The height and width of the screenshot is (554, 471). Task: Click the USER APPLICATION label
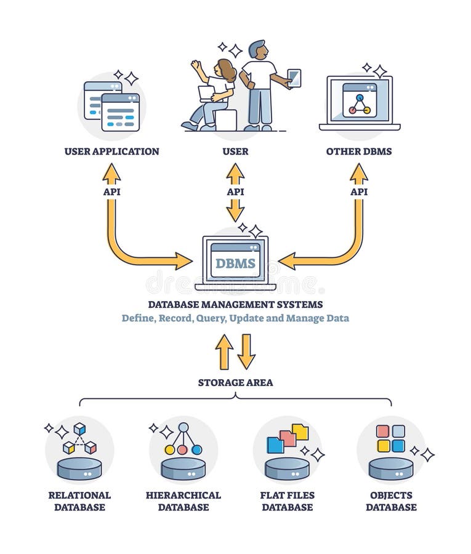tap(111, 151)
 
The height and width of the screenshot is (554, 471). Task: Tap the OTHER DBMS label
tap(359, 151)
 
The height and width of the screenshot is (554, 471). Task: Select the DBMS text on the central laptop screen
tap(235, 263)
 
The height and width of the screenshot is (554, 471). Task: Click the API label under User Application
tap(111, 191)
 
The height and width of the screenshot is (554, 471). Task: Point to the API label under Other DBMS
tap(359, 191)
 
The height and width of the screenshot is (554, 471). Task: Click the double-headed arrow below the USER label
tap(235, 192)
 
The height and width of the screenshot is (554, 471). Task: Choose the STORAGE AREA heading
tap(235, 382)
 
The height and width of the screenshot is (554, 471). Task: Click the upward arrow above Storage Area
tap(224, 351)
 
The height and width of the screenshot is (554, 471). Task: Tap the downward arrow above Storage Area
tap(246, 351)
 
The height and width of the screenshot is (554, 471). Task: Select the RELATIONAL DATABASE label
tap(79, 501)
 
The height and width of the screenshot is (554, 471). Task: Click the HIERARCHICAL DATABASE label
tap(183, 501)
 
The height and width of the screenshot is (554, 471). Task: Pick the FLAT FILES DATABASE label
tap(288, 501)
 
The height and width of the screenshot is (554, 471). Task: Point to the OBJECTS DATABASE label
tap(391, 501)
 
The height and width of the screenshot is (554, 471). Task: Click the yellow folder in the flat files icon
tap(300, 432)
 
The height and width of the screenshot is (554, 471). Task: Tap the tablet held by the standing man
tap(294, 78)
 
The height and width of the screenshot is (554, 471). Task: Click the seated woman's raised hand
tap(196, 64)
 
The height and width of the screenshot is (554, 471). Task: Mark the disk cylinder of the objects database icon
tap(391, 468)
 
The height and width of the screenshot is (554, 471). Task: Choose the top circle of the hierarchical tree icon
tap(183, 427)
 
